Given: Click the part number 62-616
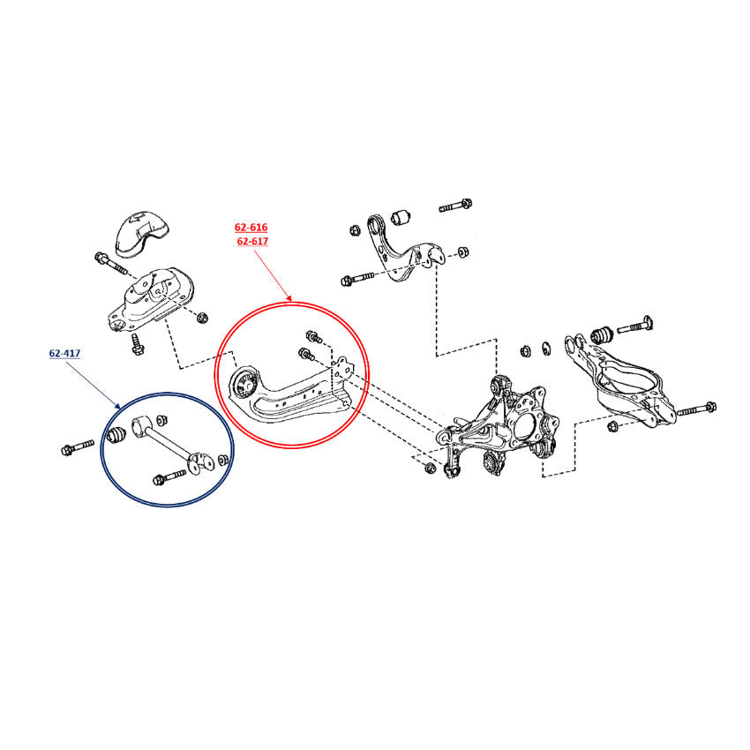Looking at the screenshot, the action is click(x=251, y=227).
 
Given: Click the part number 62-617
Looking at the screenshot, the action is click(x=252, y=241).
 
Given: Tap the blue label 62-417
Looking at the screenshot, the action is click(x=64, y=354).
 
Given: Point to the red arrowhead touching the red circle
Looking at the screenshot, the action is click(x=288, y=297).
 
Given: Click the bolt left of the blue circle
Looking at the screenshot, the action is click(x=78, y=447).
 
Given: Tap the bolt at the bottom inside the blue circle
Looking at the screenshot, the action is click(x=169, y=477).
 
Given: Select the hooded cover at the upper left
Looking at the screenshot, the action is click(x=141, y=236).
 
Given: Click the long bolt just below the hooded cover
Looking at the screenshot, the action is click(x=111, y=264).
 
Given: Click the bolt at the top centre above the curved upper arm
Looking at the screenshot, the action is click(x=456, y=206).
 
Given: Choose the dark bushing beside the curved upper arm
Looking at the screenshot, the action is click(x=401, y=217).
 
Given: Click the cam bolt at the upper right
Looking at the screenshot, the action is click(x=634, y=325).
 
